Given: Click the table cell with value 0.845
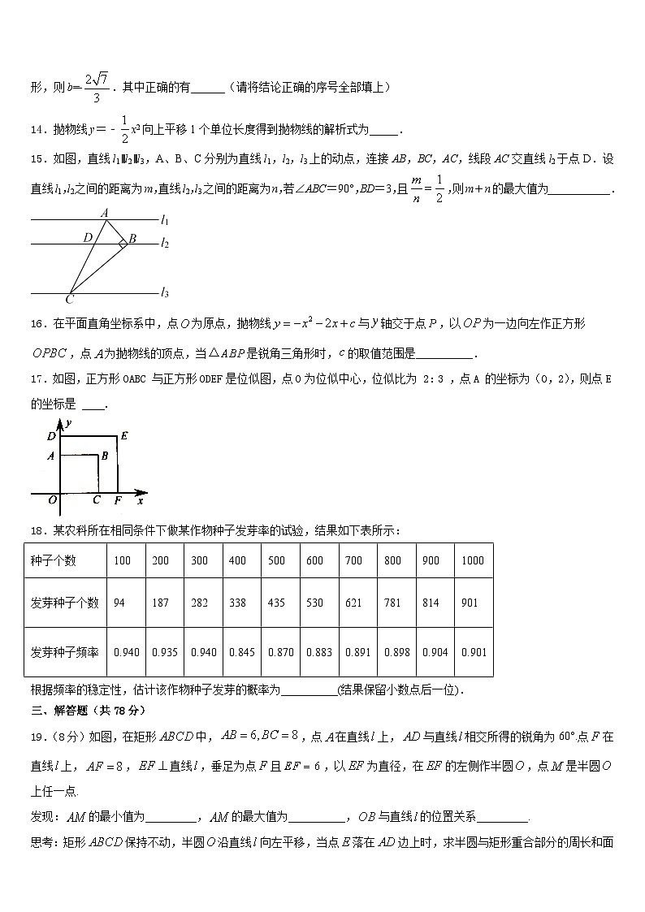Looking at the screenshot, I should pyautogui.click(x=241, y=652).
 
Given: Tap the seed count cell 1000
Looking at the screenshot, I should pyautogui.click(x=472, y=560).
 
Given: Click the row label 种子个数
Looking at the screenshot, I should pyautogui.click(x=53, y=560).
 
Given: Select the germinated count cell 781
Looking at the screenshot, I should pyautogui.click(x=393, y=603).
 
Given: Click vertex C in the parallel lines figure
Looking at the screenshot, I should pyautogui.click(x=70, y=299).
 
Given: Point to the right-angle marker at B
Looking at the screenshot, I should pyautogui.click(x=122, y=243).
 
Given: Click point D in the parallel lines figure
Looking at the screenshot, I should pyautogui.click(x=87, y=237).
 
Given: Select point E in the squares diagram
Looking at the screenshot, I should pyautogui.click(x=124, y=435).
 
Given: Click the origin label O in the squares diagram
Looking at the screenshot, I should pyautogui.click(x=52, y=500).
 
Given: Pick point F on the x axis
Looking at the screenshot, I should pyautogui.click(x=118, y=500).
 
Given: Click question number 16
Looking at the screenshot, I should pyautogui.click(x=39, y=324).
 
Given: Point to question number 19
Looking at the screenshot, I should pyautogui.click(x=39, y=737).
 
